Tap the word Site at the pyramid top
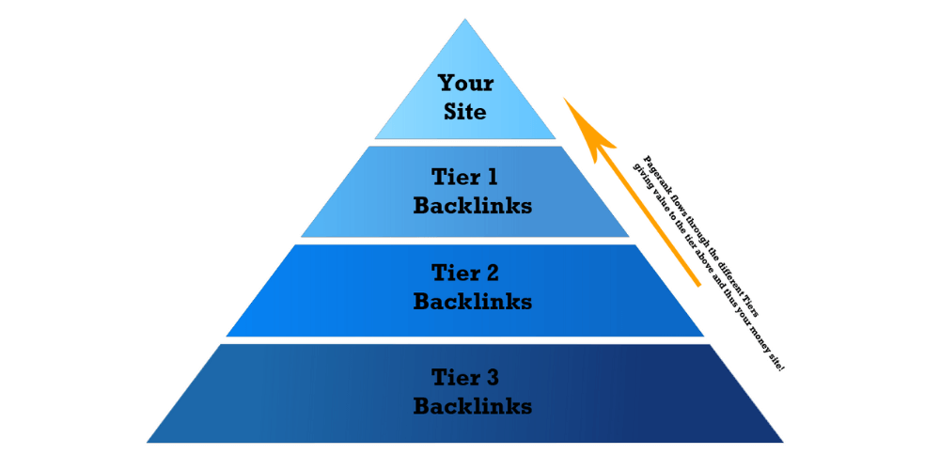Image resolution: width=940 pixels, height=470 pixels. (x=466, y=111)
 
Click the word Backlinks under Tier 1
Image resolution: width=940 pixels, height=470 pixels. (x=472, y=205)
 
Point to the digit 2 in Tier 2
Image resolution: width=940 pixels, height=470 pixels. (x=493, y=274)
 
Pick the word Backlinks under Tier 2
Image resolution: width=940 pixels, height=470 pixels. (x=472, y=302)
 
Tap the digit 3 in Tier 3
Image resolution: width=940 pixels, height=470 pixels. (x=493, y=378)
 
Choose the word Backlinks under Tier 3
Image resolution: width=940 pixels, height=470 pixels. (x=472, y=406)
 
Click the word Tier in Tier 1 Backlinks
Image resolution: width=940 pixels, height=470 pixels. (x=455, y=177)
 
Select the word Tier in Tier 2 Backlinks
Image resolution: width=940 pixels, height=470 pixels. (x=456, y=274)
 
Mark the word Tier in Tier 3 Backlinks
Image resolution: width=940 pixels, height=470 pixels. (x=456, y=378)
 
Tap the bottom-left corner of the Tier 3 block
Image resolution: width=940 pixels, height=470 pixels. (x=149, y=441)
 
